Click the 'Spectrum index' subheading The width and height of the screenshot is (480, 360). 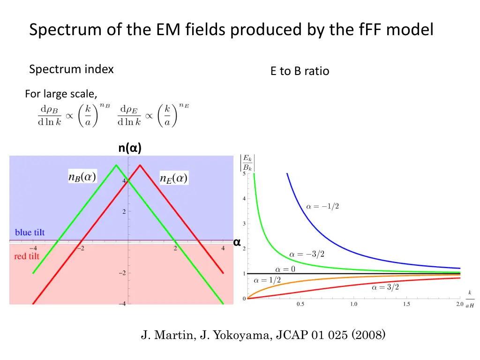[71, 69]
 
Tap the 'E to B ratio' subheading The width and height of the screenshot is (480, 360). [300, 71]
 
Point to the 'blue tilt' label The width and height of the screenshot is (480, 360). [30, 232]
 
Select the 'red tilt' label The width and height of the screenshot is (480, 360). [27, 256]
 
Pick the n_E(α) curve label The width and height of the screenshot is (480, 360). [174, 178]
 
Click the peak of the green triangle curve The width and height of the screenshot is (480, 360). [116, 165]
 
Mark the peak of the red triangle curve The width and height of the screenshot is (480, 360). [140, 165]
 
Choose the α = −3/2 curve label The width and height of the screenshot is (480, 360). [307, 254]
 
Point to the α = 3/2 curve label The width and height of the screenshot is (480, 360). [385, 287]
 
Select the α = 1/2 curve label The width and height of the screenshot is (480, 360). [267, 280]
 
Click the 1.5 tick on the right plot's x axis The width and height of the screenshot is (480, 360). [406, 304]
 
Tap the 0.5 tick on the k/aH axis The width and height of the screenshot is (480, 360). [300, 304]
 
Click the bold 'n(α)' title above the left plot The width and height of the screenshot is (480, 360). [130, 148]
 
